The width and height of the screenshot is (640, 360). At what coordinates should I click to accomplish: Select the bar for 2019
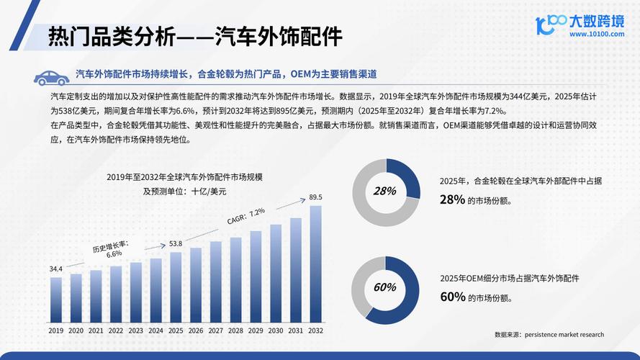coord(56,299)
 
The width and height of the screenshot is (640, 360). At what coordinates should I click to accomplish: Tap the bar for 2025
coord(176,286)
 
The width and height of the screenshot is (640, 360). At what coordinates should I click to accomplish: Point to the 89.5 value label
coord(315,197)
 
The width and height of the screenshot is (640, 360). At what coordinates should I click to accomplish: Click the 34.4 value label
coord(56,269)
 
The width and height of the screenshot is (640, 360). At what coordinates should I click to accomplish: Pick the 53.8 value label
coord(176,243)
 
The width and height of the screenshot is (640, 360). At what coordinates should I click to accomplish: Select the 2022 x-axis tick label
coord(116,330)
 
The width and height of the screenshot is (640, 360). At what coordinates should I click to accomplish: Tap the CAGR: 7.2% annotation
coord(246,216)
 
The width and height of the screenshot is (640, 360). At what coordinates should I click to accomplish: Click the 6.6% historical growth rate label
coord(114,254)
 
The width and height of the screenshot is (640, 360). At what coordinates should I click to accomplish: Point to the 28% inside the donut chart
coord(385,191)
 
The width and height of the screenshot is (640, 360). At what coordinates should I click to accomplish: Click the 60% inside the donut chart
coord(385,287)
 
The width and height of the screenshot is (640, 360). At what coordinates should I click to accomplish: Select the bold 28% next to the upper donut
coord(452,199)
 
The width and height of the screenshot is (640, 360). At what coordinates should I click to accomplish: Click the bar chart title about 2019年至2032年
coord(184,177)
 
